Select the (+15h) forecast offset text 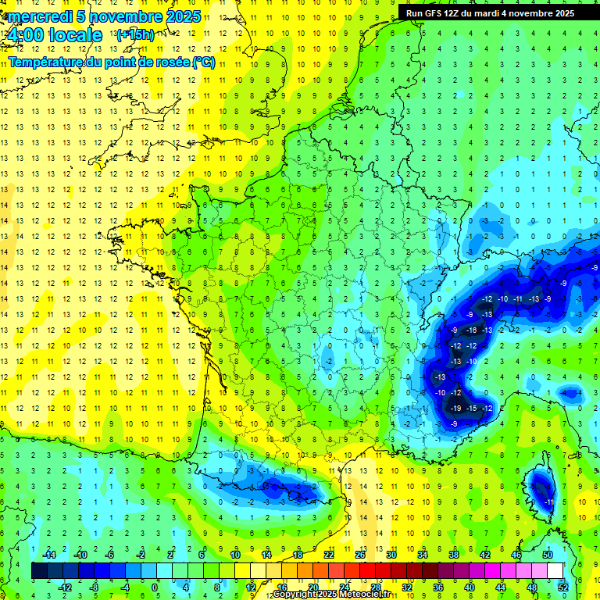135,34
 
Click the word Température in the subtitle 46,62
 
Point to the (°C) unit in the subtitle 204,62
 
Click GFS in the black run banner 434,13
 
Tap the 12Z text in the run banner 457,13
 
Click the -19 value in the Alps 455,408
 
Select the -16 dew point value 471,330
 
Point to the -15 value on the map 471,408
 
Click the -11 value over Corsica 549,501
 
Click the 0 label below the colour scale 155,587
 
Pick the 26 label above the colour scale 360,555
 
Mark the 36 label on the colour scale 438,587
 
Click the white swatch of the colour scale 555,571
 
